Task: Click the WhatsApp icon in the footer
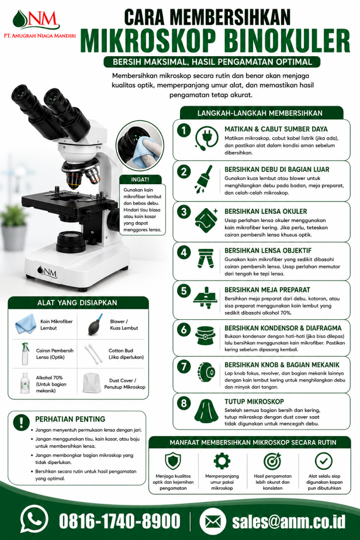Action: coord(34,519)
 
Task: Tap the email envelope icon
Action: coord(213,521)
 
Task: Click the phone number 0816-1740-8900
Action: coord(120,521)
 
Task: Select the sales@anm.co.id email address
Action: coord(289,521)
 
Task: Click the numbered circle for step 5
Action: coord(184,291)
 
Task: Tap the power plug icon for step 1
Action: coord(206,138)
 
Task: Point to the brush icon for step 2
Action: coord(204,179)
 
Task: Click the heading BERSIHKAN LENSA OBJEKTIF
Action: coord(268,251)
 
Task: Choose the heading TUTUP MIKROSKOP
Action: coord(254,402)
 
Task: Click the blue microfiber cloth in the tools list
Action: coord(25,324)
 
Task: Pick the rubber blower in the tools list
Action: coord(96,324)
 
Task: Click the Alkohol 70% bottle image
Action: coord(25,383)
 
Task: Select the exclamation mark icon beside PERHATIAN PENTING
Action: coord(22,422)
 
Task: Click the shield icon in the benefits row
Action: coord(173,461)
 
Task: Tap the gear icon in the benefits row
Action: coord(222,461)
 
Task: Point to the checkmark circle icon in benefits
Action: coord(324,461)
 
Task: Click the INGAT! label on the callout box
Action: coord(140,180)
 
